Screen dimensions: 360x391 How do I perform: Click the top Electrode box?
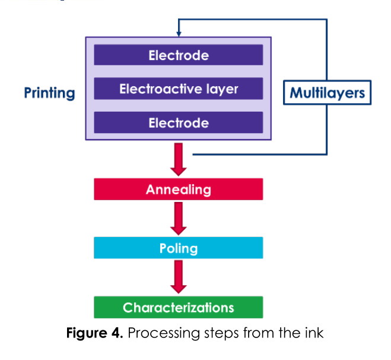point(178,56)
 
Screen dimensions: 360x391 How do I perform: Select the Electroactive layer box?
point(178,89)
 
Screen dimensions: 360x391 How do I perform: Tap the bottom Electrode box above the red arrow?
point(178,123)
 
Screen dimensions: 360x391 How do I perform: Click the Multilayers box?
point(327,93)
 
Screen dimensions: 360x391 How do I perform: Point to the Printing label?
point(49,93)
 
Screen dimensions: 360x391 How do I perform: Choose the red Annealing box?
point(178,190)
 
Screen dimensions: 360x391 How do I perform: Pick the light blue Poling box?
point(178,248)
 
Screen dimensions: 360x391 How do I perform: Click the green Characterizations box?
point(178,308)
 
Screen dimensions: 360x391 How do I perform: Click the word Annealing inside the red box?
point(178,190)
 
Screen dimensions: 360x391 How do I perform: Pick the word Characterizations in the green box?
point(178,308)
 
